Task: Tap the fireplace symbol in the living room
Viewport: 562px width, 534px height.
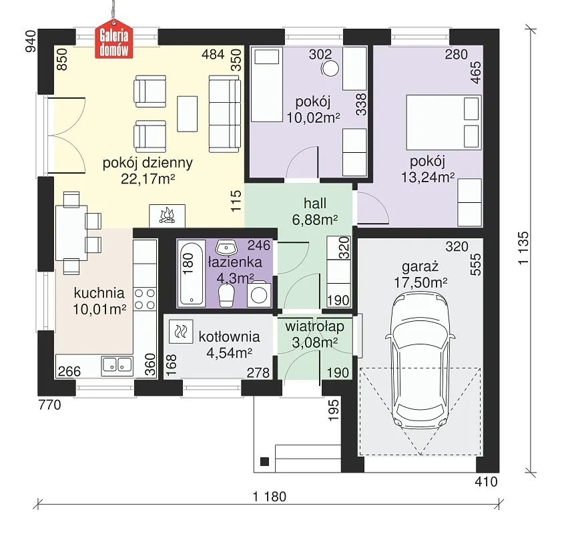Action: [167, 216]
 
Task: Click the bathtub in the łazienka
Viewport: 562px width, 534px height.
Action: [191, 274]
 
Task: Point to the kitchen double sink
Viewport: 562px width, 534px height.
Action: [117, 366]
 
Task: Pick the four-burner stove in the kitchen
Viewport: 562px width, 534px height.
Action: [145, 299]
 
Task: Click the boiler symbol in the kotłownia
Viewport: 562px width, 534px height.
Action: [181, 332]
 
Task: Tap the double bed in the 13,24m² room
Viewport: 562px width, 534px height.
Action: [444, 122]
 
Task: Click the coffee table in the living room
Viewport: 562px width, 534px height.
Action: [188, 114]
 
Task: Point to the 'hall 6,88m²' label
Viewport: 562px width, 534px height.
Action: [315, 212]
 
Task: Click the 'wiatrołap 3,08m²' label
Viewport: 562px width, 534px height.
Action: [314, 334]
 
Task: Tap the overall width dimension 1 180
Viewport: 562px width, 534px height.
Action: [270, 497]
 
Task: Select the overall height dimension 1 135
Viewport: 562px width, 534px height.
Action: [523, 248]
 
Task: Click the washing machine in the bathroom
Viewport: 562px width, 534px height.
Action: [259, 294]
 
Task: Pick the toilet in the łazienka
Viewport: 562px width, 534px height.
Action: [226, 296]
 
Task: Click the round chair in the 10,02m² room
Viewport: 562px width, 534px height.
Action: [330, 67]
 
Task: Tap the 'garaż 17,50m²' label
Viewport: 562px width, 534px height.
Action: [420, 275]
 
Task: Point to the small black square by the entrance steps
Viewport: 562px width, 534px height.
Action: [264, 462]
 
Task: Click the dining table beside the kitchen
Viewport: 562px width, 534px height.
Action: [71, 232]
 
